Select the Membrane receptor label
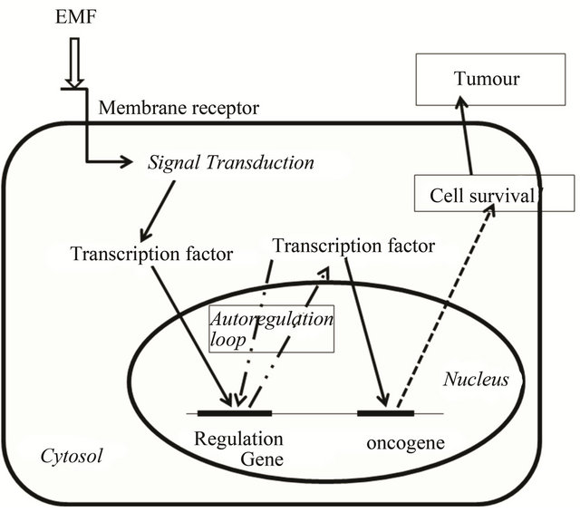pos(179,109)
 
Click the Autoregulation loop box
pos(272,329)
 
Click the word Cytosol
pos(68,456)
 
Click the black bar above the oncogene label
pos(386,413)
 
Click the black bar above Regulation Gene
pos(233,413)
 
